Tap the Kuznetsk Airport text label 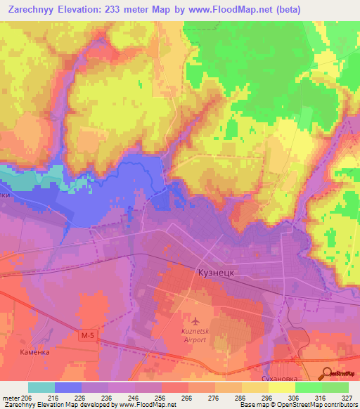(x=189, y=335)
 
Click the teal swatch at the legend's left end (x=41, y=387)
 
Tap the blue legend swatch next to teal (x=68, y=387)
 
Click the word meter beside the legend (x=11, y=397)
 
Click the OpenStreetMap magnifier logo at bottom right (x=326, y=373)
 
